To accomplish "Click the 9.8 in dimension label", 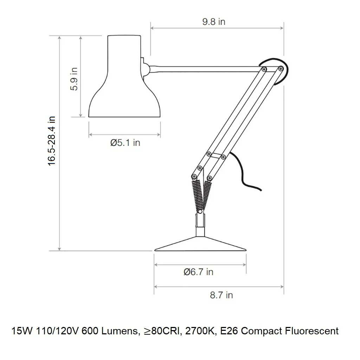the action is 214,21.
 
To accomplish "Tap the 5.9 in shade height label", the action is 74,79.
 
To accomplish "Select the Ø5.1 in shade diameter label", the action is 125,143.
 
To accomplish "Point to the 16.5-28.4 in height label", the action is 51,141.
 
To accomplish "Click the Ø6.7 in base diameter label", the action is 198,272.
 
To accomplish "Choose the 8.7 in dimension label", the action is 221,295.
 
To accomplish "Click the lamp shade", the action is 124,76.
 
